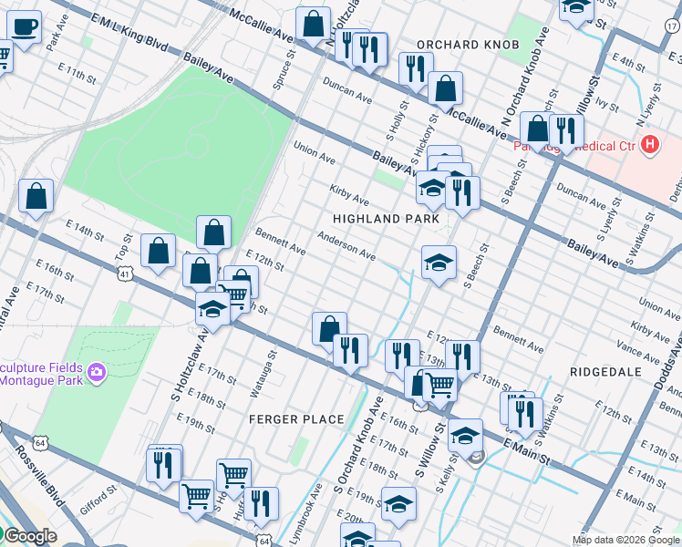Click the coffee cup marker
tap(24, 28)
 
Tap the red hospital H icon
tap(649, 144)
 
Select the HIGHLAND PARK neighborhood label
tap(386, 220)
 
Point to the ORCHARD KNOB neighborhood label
tap(468, 45)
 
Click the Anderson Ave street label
tap(346, 244)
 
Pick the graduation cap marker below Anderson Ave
tap(439, 263)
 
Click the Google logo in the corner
tap(29, 536)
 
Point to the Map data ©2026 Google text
tap(625, 540)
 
